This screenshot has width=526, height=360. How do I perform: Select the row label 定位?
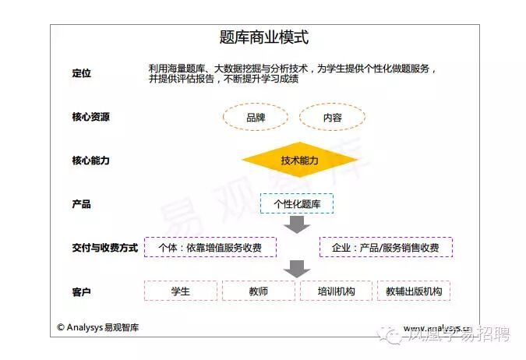(x=81, y=73)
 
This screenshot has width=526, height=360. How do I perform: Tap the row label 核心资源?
(x=90, y=117)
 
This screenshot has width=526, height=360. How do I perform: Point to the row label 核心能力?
(x=90, y=161)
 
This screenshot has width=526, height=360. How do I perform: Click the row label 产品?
(x=81, y=204)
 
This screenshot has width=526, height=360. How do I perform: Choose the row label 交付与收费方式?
(x=104, y=248)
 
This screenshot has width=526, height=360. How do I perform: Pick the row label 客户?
(x=81, y=291)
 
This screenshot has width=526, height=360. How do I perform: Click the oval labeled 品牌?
(x=255, y=118)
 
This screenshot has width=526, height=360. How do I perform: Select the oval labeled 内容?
(x=332, y=118)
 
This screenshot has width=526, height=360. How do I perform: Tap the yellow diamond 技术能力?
(x=299, y=161)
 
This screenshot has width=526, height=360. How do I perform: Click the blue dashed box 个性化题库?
(x=297, y=204)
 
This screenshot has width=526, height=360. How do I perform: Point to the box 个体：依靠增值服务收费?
(x=210, y=248)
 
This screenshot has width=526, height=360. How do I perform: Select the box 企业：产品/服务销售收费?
(x=385, y=248)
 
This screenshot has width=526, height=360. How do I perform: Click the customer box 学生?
(x=180, y=291)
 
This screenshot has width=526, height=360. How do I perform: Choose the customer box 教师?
(x=258, y=291)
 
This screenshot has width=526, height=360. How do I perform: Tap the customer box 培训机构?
(x=336, y=291)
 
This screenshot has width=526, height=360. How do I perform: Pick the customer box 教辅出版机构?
(x=414, y=291)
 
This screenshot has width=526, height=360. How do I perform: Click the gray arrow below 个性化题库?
(x=296, y=225)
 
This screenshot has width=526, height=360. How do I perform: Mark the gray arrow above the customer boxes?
(x=296, y=269)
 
